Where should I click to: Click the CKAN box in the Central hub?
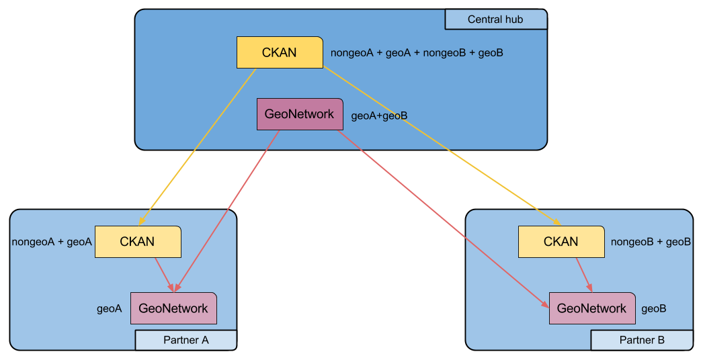pyautogui.click(x=280, y=52)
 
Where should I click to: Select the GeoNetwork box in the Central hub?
pyautogui.click(x=300, y=114)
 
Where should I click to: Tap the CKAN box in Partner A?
pyautogui.click(x=138, y=242)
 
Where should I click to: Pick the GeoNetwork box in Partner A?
pyautogui.click(x=173, y=308)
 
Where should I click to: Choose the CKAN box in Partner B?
pyautogui.click(x=561, y=242)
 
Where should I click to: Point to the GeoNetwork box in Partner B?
pyautogui.click(x=592, y=308)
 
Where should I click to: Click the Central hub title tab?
pyautogui.click(x=496, y=19)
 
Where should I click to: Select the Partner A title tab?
pyautogui.click(x=186, y=340)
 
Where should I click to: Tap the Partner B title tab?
pyautogui.click(x=642, y=340)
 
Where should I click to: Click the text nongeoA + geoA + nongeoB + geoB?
pyautogui.click(x=417, y=52)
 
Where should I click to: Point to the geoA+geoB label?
pyautogui.click(x=379, y=116)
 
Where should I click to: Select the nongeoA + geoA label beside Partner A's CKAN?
pyautogui.click(x=52, y=242)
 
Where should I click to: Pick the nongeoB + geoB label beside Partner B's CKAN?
pyautogui.click(x=651, y=242)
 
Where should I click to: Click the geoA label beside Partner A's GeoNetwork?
pyautogui.click(x=110, y=309)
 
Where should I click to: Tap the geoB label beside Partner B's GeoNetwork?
pyautogui.click(x=653, y=309)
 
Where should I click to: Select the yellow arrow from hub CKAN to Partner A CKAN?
pyautogui.click(x=198, y=147)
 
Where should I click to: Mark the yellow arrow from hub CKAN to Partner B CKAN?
pyautogui.click(x=442, y=146)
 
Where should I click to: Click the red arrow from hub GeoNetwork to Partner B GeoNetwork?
pyautogui.click(x=444, y=220)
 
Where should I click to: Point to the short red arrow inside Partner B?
pyautogui.click(x=584, y=275)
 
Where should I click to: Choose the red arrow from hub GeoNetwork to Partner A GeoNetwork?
pyautogui.click(x=227, y=212)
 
